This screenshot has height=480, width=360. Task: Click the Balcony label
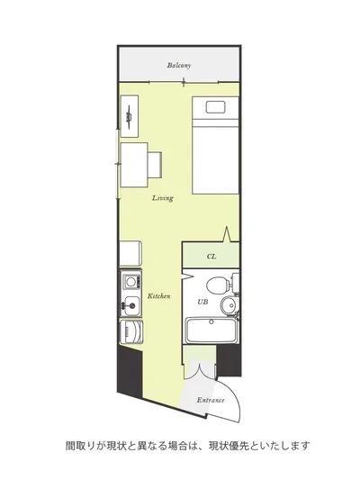pyautogui.click(x=179, y=65)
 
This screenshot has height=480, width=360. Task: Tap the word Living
pyautogui.click(x=163, y=198)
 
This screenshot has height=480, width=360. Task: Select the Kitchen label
pyautogui.click(x=159, y=296)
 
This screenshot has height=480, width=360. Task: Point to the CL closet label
pyautogui.click(x=211, y=257)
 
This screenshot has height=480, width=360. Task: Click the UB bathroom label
pyautogui.click(x=202, y=302)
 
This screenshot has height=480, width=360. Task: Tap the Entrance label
pyautogui.click(x=211, y=400)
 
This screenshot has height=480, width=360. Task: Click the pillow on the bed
pyautogui.click(x=215, y=107)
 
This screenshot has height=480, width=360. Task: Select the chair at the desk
pyautogui.click(x=155, y=165)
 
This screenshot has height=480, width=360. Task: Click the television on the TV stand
pyautogui.click(x=129, y=116)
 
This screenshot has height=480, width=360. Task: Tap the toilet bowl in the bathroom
pyautogui.click(x=219, y=285)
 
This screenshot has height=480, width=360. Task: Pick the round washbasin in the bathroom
pyautogui.click(x=229, y=304)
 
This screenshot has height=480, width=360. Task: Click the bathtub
pyautogui.click(x=211, y=331)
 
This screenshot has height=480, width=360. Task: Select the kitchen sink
pyautogui.click(x=131, y=305)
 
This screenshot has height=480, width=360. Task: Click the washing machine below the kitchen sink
pyautogui.click(x=131, y=331)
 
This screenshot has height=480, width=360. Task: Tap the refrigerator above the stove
pyautogui.click(x=130, y=254)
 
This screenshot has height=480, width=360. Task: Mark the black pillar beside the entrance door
pyautogui.click(x=229, y=360)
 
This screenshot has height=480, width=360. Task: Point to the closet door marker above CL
pyautogui.click(x=226, y=235)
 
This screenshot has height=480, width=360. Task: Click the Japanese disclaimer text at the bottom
pyautogui.click(x=188, y=446)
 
